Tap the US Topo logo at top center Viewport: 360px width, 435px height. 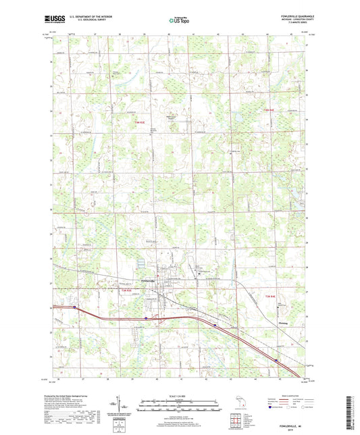179,21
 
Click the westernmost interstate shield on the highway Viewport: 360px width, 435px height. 74,306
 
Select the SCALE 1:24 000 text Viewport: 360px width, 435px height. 179,395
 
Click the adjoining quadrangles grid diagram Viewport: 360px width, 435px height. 238,423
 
